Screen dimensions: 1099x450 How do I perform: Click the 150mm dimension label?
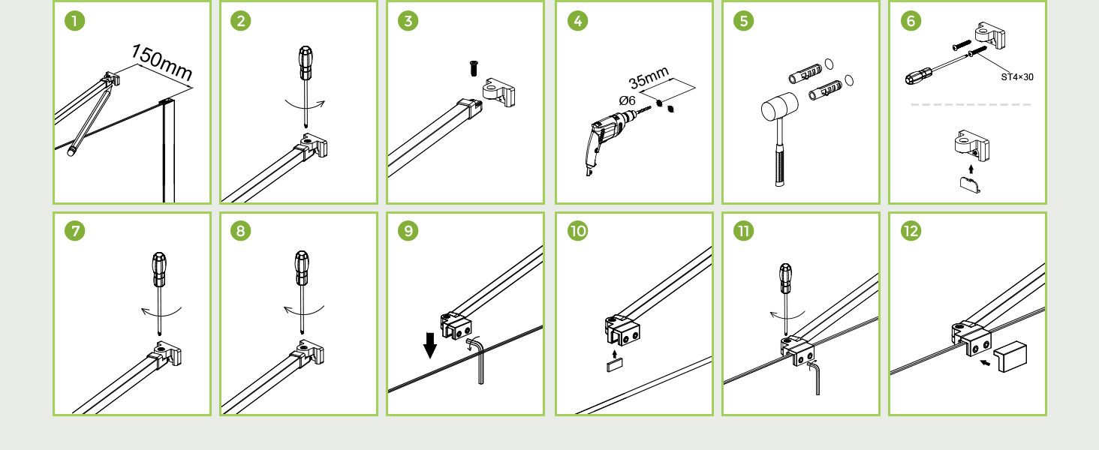[x=162, y=62]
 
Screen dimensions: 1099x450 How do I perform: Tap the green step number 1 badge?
[x=74, y=21]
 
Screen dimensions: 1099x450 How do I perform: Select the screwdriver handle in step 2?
[x=306, y=63]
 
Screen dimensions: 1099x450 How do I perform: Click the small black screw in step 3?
[x=474, y=68]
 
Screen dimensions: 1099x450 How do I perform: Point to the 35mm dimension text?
[x=649, y=77]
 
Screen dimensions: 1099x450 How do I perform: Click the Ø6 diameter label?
[x=627, y=101]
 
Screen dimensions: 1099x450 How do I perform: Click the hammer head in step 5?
[x=780, y=106]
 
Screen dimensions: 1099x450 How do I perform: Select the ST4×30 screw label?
[x=1017, y=77]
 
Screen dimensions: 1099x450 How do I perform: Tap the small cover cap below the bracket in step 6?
[x=970, y=184]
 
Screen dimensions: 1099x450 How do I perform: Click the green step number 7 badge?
[x=74, y=231]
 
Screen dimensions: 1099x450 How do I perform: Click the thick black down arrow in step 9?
[x=430, y=345]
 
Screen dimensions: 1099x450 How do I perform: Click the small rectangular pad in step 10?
[x=615, y=365]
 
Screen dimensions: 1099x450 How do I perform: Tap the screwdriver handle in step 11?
[x=785, y=278]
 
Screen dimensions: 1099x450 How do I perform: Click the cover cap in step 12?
[x=1010, y=356]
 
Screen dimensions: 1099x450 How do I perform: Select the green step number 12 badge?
[x=911, y=231]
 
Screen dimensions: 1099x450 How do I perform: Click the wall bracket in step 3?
[x=498, y=92]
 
